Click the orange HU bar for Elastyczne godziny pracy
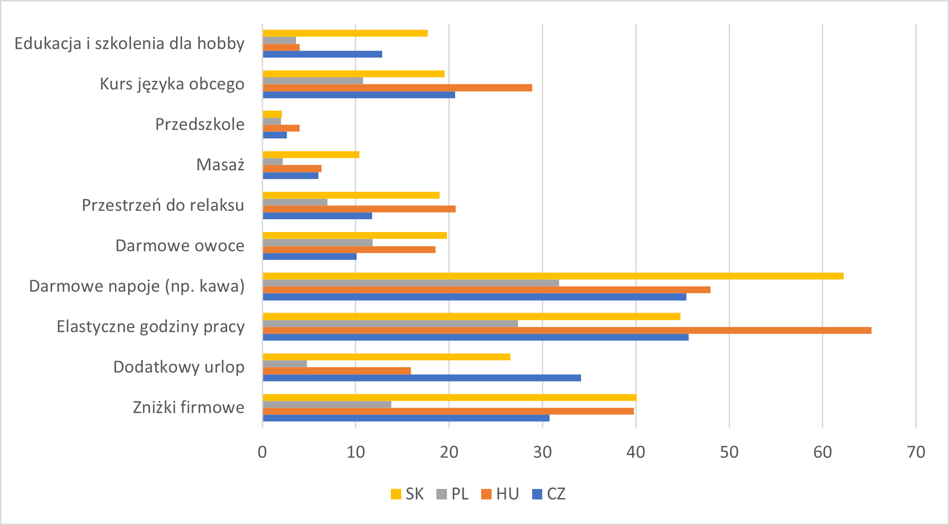tap(567, 331)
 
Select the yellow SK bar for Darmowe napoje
tap(553, 276)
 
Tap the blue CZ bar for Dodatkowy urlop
tap(422, 378)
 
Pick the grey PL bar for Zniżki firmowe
tap(327, 404)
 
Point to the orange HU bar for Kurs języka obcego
tap(397, 88)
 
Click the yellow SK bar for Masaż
tap(311, 155)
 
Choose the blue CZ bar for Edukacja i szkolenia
tap(322, 54)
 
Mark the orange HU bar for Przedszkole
tap(281, 128)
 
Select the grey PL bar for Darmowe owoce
tap(318, 242)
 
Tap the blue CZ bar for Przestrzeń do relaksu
tap(317, 216)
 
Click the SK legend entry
tap(407, 494)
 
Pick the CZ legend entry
tap(549, 494)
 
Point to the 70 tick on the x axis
tap(916, 452)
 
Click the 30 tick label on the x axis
tap(542, 452)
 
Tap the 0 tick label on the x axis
tap(262, 452)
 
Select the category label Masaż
tap(220, 165)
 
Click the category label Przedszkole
tap(200, 124)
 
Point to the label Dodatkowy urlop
tap(179, 367)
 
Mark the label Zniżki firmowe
tap(188, 407)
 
